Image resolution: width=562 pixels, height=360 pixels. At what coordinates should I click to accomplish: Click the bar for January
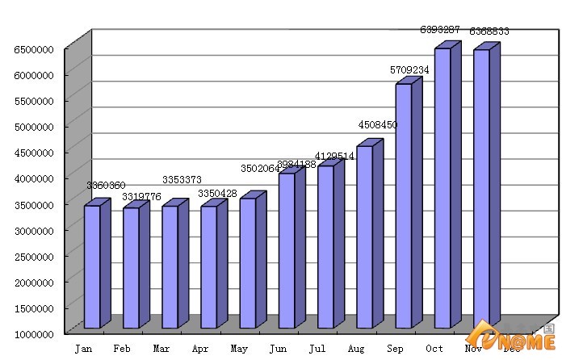click(92, 266)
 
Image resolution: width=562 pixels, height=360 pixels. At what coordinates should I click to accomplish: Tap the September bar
click(404, 206)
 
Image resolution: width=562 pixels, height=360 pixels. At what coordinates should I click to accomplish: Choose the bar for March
click(170, 266)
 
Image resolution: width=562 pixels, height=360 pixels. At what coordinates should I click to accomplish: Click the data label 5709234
click(409, 70)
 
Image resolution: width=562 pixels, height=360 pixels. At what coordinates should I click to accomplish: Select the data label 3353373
click(182, 179)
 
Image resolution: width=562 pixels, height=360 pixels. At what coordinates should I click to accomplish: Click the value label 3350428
click(220, 194)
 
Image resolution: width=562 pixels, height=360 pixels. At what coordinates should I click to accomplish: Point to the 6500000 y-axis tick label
click(34, 49)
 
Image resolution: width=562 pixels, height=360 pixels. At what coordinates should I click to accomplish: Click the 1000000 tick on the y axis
click(34, 334)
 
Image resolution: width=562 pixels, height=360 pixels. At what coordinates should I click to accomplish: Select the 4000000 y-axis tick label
click(34, 178)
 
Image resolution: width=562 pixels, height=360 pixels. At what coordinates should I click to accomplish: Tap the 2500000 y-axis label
click(34, 257)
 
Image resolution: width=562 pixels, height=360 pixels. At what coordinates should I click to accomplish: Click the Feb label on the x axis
click(122, 349)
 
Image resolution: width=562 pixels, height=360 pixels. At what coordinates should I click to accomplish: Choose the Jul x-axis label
click(317, 349)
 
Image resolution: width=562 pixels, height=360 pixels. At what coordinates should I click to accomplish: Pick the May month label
click(239, 349)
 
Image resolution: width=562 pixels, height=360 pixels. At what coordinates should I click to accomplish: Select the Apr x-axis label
click(200, 349)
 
